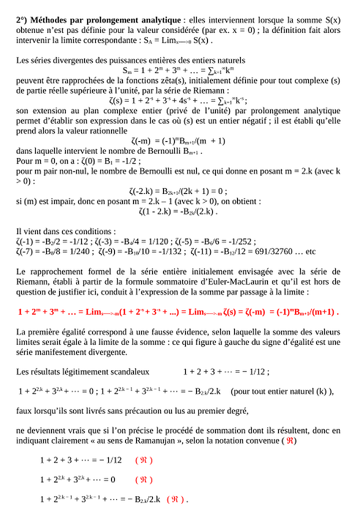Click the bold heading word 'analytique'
[157, 20]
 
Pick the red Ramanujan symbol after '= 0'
[144, 479]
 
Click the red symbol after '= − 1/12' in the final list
[144, 460]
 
